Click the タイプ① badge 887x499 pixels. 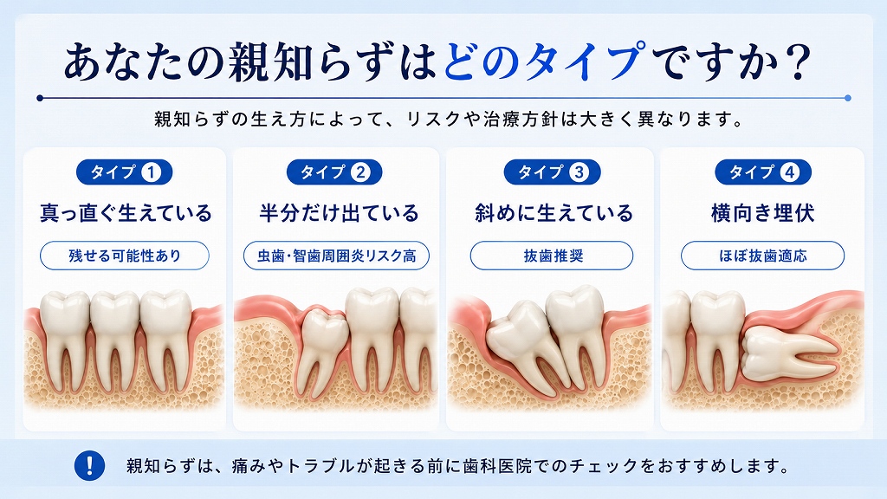tap(125, 172)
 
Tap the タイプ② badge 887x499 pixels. tap(334, 172)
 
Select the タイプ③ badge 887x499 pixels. tap(552, 172)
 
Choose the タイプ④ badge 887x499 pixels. tap(763, 172)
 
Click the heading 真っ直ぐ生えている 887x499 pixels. tap(126, 213)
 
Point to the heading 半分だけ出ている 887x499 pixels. tap(339, 213)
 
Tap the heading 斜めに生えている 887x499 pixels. tap(554, 213)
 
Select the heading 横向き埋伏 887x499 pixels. tap(762, 213)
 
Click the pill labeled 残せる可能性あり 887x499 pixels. tap(125, 256)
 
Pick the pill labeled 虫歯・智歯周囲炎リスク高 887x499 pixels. tap(337, 256)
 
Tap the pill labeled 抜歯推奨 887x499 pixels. tap(552, 256)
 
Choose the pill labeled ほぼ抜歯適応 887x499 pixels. tap(762, 256)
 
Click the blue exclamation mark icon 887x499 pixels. tap(89, 465)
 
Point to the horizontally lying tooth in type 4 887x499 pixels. tap(789, 353)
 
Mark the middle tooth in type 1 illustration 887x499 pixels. tap(115, 340)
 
